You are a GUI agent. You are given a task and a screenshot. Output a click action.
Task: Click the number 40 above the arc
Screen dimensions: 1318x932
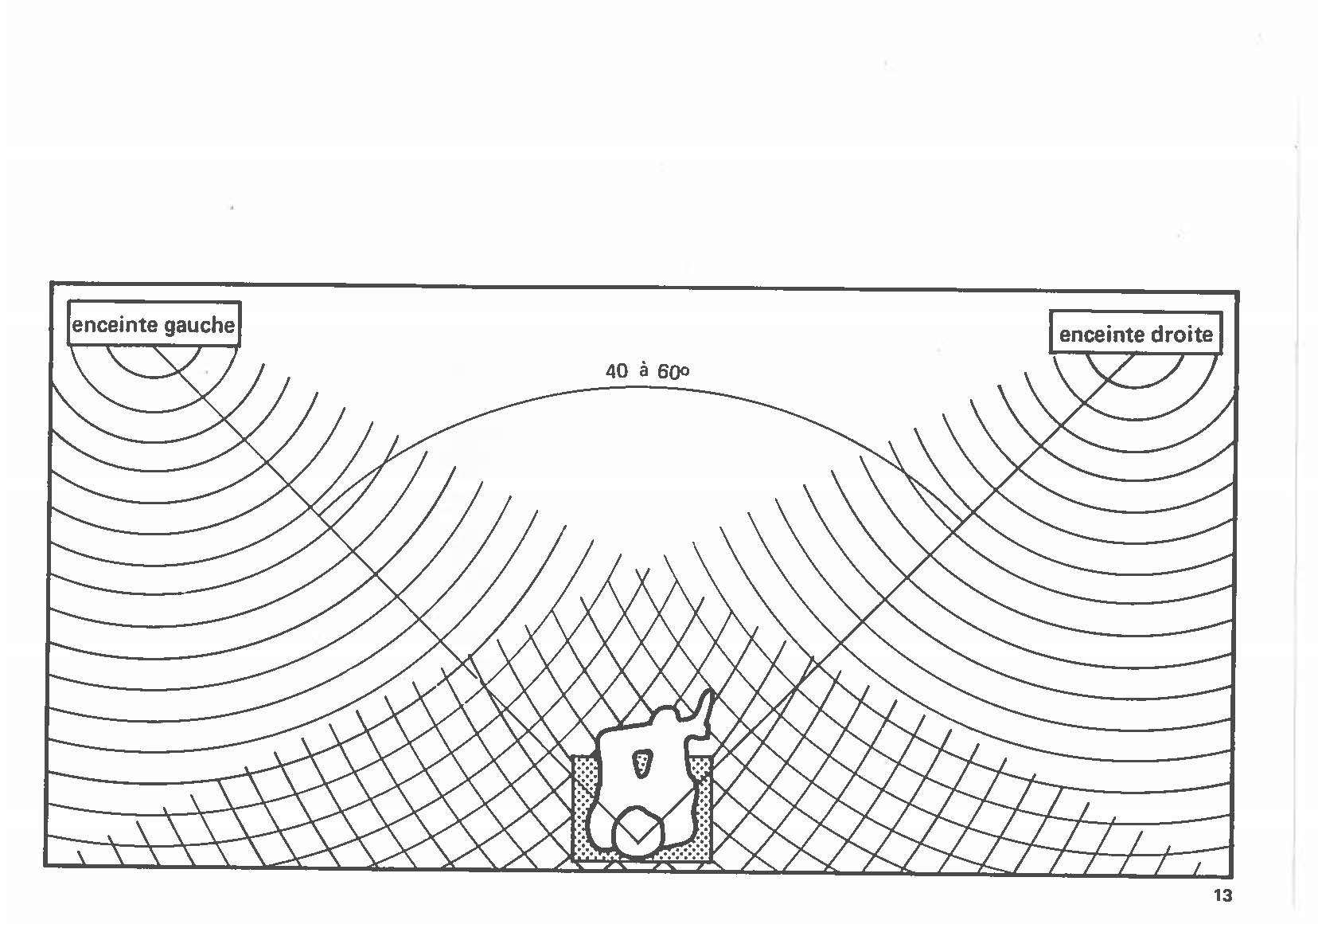coord(617,370)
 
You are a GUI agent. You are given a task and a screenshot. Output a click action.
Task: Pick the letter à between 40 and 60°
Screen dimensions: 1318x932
coord(643,370)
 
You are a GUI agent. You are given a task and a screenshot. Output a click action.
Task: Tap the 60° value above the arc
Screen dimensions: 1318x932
coord(673,372)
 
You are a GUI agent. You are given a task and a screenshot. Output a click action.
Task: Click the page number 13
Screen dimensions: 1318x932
coord(1223,895)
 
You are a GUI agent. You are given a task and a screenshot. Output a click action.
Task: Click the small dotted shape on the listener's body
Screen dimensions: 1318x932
coord(641,763)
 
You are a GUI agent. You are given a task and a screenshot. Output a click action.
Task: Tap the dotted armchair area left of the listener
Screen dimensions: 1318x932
coord(584,805)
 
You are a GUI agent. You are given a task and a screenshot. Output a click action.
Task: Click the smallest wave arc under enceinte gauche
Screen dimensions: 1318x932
coord(154,368)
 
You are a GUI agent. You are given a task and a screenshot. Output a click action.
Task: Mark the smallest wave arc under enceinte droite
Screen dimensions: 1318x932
coord(1134,380)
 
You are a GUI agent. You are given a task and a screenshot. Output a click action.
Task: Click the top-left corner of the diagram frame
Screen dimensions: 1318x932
coord(51,283)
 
